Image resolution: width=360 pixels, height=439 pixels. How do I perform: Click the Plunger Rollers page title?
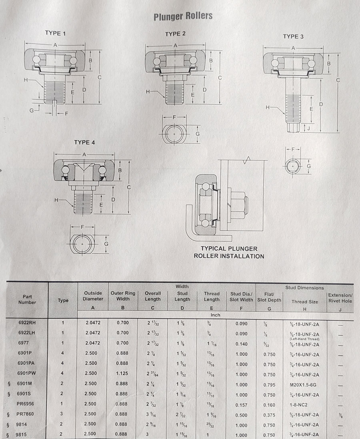[183, 16]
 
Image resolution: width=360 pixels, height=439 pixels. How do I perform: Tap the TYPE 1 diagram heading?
[55, 33]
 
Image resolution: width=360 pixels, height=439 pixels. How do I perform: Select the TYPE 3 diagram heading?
[293, 36]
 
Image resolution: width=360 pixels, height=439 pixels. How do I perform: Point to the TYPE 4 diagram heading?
[84, 142]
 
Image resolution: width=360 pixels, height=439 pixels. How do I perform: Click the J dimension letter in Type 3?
[308, 128]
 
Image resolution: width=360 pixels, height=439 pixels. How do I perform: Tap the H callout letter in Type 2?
[148, 92]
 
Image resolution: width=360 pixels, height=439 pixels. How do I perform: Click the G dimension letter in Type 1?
[32, 110]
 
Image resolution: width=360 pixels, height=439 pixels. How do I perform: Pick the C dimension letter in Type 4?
[129, 187]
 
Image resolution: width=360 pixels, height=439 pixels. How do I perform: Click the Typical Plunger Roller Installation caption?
[229, 252]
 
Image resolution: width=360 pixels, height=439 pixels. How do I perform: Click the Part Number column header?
[27, 299]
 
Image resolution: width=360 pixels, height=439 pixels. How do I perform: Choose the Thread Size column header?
[304, 302]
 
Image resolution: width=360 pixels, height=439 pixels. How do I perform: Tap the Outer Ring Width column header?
[123, 296]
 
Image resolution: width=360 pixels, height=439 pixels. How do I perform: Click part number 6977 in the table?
[24, 343]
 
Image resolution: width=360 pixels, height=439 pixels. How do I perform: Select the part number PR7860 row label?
[25, 414]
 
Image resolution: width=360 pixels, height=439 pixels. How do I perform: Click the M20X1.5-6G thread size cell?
[303, 385]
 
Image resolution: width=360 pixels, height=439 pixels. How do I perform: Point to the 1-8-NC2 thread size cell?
[299, 405]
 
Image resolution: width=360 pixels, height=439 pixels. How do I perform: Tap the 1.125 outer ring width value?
[122, 373]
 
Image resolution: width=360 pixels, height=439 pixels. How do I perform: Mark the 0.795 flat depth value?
[269, 385]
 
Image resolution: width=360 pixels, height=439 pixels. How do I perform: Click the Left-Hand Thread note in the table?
[304, 339]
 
